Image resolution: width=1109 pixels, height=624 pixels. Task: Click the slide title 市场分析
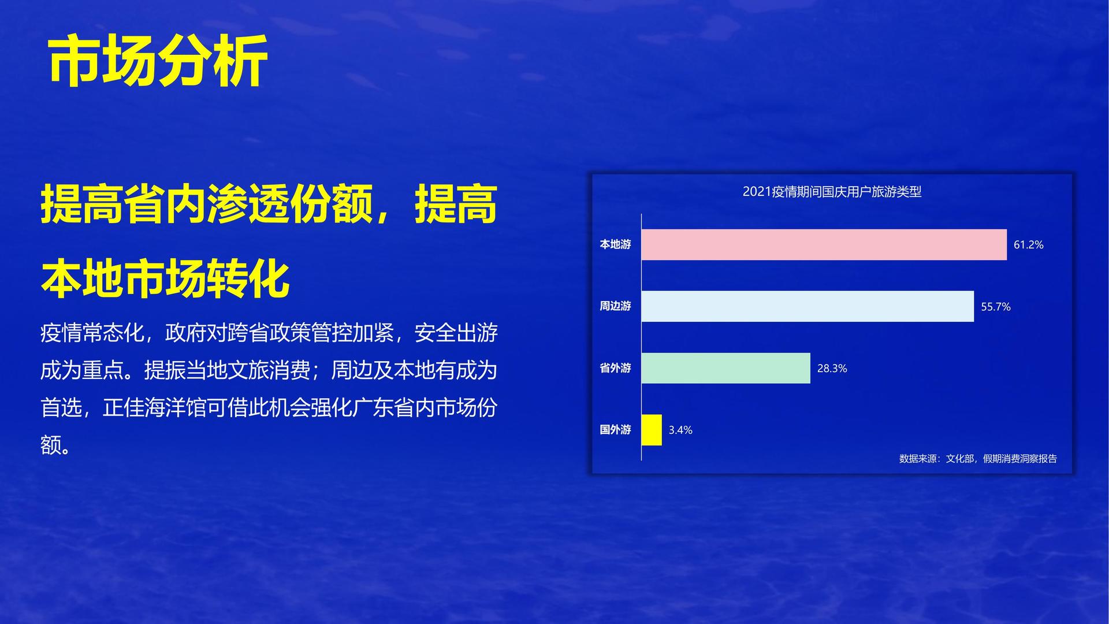(x=158, y=61)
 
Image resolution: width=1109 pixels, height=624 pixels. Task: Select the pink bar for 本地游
(x=824, y=244)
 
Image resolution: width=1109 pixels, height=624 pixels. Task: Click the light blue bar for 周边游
(x=807, y=306)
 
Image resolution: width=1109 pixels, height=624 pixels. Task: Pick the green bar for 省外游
(x=726, y=368)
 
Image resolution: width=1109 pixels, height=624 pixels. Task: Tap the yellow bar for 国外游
(x=652, y=430)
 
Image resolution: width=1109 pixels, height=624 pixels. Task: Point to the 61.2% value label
(x=1029, y=244)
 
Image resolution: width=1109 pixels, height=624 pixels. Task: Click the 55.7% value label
(x=996, y=307)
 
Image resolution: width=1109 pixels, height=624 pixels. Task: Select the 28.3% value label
(x=832, y=369)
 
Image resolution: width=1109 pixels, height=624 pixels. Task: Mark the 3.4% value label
(x=680, y=430)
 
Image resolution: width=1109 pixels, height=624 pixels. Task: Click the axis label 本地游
(x=615, y=244)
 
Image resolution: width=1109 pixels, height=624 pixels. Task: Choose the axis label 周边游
(x=615, y=306)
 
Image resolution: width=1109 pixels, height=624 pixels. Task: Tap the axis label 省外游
(x=615, y=368)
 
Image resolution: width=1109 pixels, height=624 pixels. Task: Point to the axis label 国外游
(x=615, y=430)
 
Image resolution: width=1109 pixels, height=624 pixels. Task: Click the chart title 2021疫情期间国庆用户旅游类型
(x=832, y=192)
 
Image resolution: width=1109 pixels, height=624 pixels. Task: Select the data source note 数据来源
(x=978, y=459)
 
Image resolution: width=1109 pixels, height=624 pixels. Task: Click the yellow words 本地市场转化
(x=165, y=279)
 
